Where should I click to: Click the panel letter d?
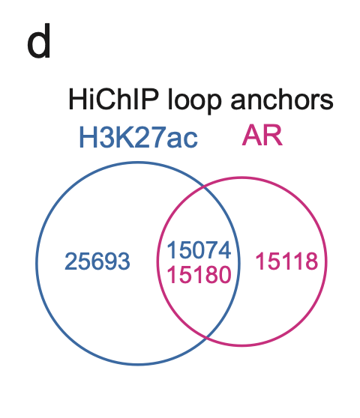tap(39, 41)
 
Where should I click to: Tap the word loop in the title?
tap(195, 100)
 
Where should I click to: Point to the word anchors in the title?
tap(282, 100)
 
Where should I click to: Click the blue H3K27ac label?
tap(139, 137)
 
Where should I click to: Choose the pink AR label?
tap(262, 136)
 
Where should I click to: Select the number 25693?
tap(97, 261)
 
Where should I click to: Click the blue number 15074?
tap(199, 249)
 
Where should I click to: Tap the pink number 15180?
tap(199, 275)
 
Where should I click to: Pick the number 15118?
tap(287, 261)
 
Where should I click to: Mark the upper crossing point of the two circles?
tap(205, 186)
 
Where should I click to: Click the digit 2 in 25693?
tap(71, 261)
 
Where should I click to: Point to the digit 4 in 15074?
tap(225, 249)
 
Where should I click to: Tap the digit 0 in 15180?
tap(225, 275)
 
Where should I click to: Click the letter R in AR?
tap(273, 136)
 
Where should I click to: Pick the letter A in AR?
tap(252, 136)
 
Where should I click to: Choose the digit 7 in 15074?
tap(212, 249)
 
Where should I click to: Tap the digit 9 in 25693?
tap(110, 261)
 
